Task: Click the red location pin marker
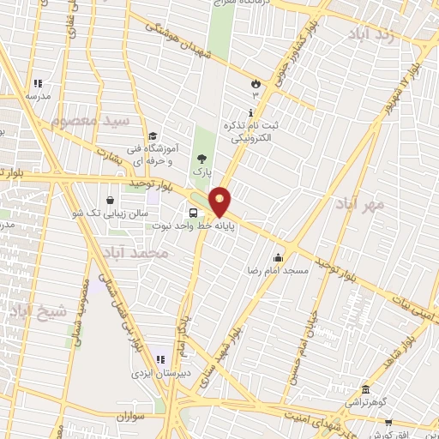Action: (220, 201)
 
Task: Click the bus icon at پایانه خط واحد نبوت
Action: (193, 213)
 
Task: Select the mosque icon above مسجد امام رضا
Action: (278, 257)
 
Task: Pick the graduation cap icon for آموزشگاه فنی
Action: (153, 135)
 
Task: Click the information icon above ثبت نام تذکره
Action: (250, 112)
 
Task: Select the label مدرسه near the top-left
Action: (38, 97)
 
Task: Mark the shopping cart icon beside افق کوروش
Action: (389, 421)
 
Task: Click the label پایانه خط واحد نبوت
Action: (194, 226)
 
